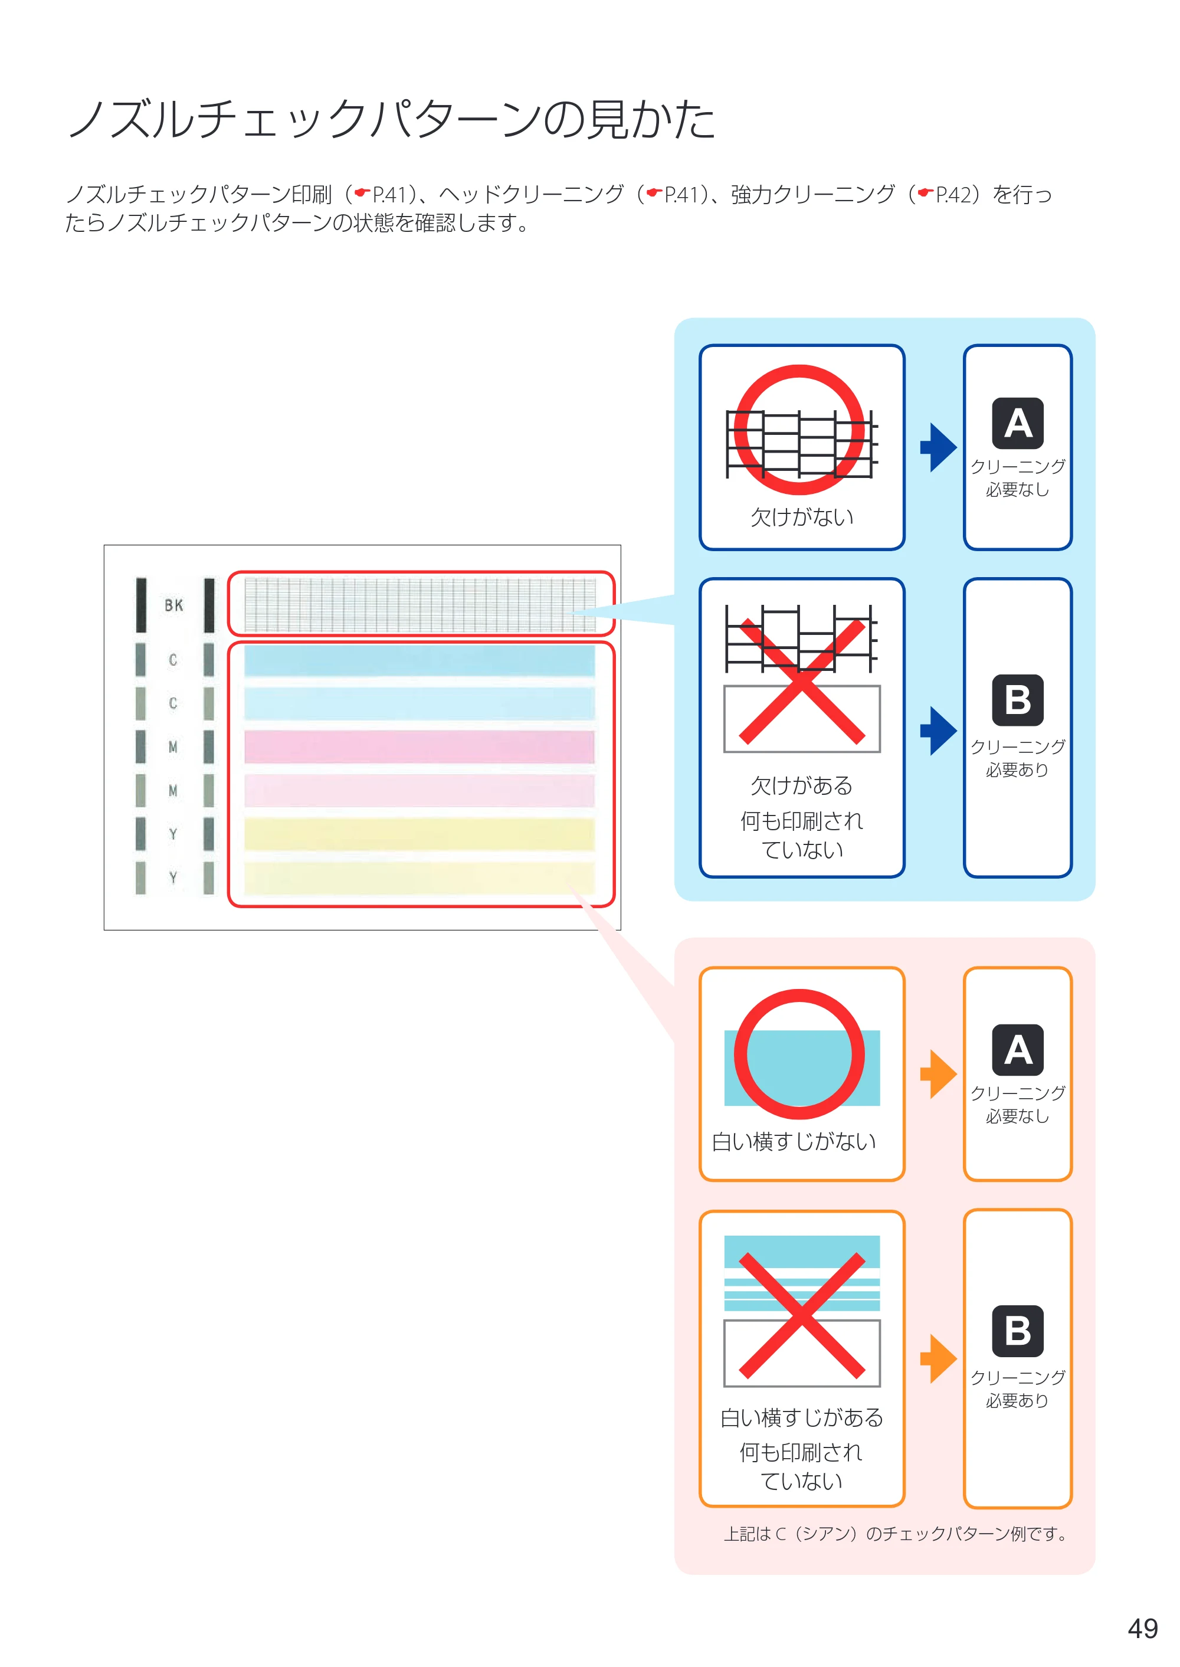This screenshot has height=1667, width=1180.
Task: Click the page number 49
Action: pos(1142,1629)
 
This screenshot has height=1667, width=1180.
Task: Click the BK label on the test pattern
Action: pos(173,605)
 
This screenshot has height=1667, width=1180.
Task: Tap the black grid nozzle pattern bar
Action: pos(420,605)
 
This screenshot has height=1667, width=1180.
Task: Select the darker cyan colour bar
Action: pos(419,660)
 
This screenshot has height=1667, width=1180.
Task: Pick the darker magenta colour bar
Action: pos(419,747)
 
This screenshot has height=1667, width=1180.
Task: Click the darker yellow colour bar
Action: pos(419,834)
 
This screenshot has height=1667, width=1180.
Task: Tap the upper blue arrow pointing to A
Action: pos(938,447)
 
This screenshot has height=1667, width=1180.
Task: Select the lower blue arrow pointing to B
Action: pos(938,731)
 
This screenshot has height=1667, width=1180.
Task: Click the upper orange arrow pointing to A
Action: pos(938,1073)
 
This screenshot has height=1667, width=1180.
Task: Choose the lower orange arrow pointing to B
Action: pos(938,1358)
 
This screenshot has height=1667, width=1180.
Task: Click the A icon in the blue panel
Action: pos(1018,423)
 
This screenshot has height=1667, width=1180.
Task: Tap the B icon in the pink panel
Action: pos(1018,1331)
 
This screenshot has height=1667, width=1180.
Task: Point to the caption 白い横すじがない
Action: pos(794,1142)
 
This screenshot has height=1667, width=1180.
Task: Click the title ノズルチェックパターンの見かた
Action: pos(392,119)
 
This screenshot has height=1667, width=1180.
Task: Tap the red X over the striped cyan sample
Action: pos(802,1315)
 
